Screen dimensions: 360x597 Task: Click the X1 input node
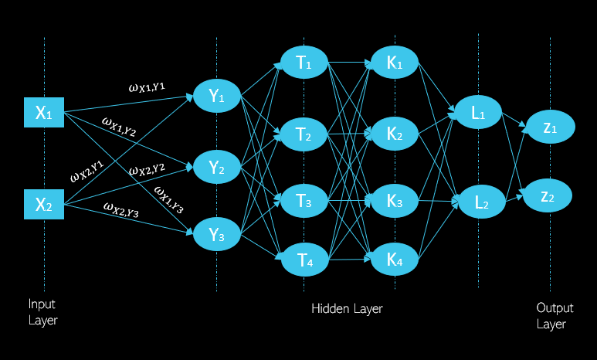[43, 114]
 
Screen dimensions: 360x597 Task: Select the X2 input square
[43, 205]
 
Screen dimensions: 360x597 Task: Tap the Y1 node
[217, 97]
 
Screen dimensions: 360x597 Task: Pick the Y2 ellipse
[217, 167]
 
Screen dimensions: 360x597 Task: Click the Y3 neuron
[217, 235]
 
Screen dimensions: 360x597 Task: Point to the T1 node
[304, 63]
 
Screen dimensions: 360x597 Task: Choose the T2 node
[304, 136]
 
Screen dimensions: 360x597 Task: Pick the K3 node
[395, 201]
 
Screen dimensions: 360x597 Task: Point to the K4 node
[395, 260]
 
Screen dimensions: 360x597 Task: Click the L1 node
[479, 113]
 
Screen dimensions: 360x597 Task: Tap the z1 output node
[550, 127]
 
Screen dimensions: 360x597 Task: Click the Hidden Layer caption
[347, 309]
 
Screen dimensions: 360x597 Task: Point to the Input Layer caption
[42, 312]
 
